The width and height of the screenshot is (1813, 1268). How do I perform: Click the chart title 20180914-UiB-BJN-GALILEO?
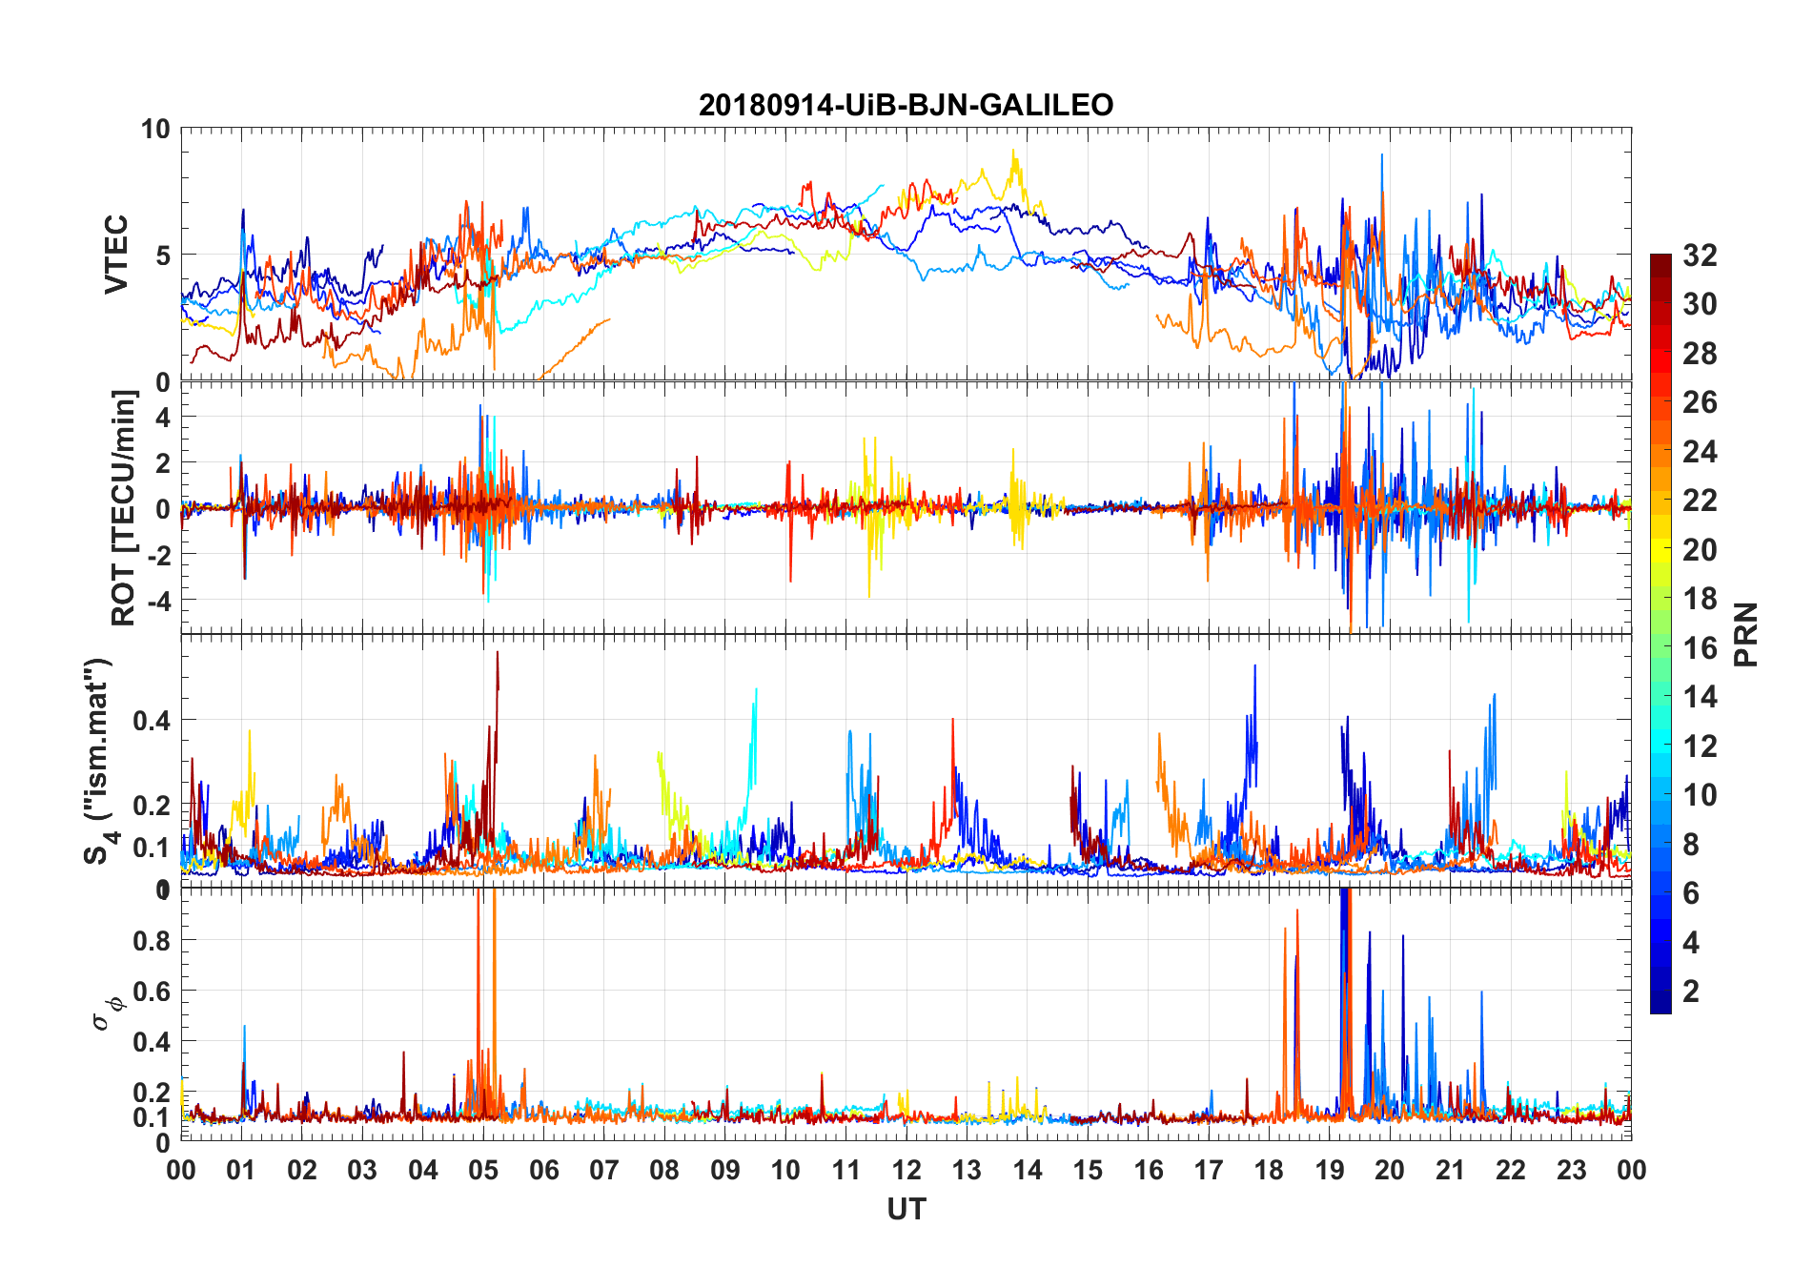(906, 105)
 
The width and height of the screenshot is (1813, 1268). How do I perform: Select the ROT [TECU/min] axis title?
(124, 507)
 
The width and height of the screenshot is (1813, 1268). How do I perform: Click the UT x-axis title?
(906, 1209)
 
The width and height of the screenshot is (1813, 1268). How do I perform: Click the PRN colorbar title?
(1745, 634)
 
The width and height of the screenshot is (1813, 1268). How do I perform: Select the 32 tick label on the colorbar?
(1700, 255)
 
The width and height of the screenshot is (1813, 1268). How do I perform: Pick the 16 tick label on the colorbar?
(1700, 648)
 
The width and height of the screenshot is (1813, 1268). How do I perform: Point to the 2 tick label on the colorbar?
(1691, 992)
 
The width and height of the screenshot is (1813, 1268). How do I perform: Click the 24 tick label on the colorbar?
(1700, 451)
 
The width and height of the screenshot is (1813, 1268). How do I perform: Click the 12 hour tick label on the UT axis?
(906, 1170)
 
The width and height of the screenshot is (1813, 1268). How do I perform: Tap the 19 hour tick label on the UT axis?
(1330, 1170)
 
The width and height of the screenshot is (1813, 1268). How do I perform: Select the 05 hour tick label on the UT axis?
(483, 1170)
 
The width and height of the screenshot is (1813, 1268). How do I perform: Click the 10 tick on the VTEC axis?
(155, 129)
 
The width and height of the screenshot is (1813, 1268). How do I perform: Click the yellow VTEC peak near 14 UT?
(1014, 152)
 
